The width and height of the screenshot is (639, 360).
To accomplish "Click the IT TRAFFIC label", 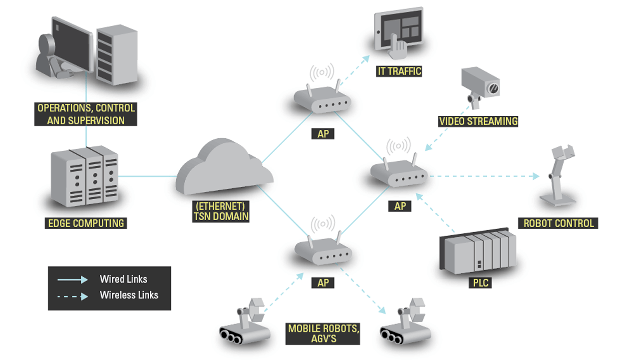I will click(x=399, y=71).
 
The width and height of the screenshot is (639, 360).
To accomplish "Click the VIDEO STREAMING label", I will click(x=478, y=121).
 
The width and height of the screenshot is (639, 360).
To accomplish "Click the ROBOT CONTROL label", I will click(x=559, y=223).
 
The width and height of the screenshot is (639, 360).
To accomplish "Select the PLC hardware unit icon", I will click(x=477, y=253).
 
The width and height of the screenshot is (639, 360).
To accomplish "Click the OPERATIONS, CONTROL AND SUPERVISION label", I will click(x=85, y=114).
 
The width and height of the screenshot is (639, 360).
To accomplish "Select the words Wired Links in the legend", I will click(x=123, y=279).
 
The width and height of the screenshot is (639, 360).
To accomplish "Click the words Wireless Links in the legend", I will click(x=129, y=295).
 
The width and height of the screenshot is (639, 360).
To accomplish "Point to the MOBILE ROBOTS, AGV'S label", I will click(x=323, y=334).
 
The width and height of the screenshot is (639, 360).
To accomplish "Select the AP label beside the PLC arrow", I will click(x=400, y=206).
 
